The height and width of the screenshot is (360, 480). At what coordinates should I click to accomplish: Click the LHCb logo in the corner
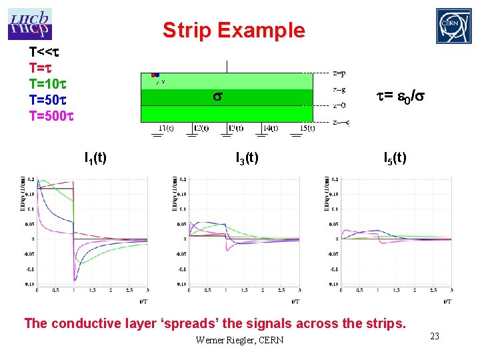point(30,24)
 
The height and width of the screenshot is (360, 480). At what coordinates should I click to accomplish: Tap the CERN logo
point(453,26)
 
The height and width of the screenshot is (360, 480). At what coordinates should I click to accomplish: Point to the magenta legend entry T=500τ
point(51,115)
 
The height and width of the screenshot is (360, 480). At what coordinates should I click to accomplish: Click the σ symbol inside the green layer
point(217,97)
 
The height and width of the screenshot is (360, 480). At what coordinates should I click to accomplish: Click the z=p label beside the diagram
point(339,73)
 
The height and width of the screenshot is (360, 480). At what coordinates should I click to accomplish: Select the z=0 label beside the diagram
point(339,105)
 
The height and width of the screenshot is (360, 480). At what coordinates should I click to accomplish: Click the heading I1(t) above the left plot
point(96,158)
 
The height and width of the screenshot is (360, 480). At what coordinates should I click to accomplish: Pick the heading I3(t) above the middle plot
point(247,158)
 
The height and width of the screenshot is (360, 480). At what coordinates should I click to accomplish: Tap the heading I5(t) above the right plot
point(395,158)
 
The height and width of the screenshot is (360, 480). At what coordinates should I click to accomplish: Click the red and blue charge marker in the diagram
point(155,75)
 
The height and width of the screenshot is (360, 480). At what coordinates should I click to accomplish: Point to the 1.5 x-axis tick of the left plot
point(91,291)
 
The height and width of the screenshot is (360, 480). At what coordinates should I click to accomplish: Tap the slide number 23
point(434,337)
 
